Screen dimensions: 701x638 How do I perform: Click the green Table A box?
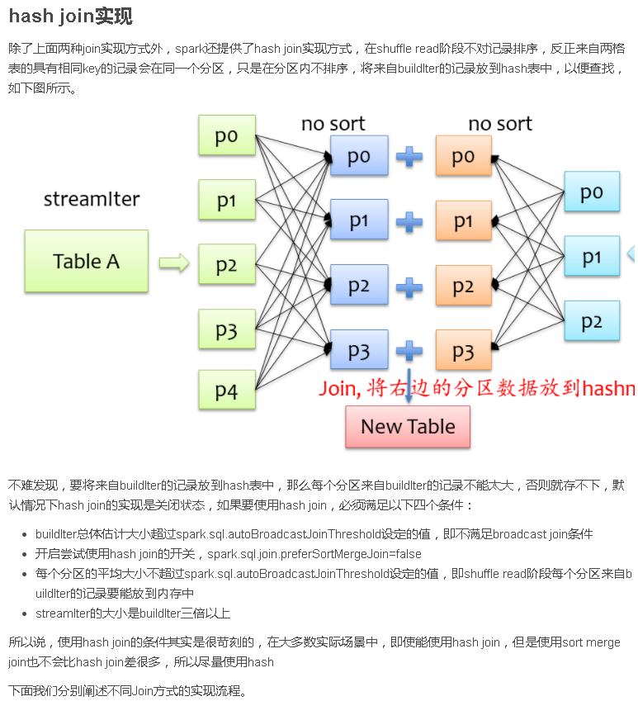[86, 261]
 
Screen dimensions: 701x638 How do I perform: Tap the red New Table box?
[408, 427]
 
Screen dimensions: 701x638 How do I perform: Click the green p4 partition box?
[226, 391]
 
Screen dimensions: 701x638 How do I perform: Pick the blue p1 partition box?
[358, 220]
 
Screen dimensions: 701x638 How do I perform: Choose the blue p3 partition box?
[358, 351]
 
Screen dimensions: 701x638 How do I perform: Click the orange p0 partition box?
[463, 156]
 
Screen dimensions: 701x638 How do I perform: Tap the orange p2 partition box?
[463, 287]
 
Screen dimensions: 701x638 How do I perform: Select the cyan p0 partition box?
[591, 192]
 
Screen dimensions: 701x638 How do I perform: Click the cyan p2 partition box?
[591, 321]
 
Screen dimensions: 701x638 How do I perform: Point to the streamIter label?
[91, 199]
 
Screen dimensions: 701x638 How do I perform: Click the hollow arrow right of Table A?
[174, 263]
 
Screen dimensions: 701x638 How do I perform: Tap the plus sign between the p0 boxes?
[409, 156]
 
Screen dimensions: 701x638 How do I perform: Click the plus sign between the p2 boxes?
[409, 287]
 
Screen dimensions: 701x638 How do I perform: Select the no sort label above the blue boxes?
[333, 124]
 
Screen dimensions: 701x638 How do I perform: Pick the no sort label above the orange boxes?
[500, 124]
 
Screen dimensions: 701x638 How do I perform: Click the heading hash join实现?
[70, 17]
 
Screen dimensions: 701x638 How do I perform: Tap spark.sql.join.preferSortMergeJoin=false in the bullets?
[314, 554]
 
